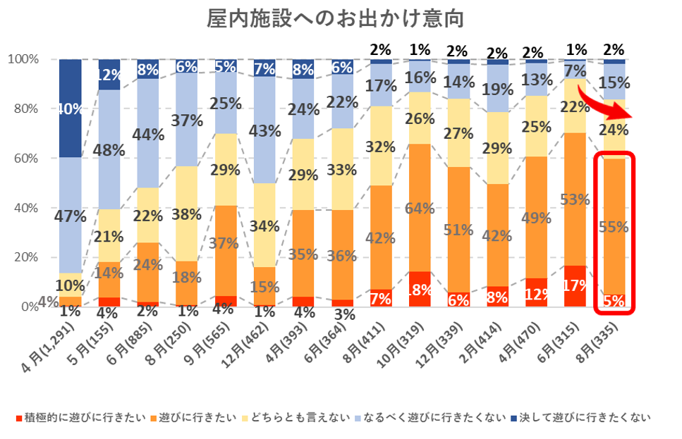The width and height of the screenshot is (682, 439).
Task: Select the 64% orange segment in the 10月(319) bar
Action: tap(420, 208)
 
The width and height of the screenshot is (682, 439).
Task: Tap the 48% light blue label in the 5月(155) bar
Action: tap(110, 149)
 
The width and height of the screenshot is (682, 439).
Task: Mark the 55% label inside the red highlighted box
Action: tap(613, 226)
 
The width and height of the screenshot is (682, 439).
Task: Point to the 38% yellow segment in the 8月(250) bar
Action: tap(187, 214)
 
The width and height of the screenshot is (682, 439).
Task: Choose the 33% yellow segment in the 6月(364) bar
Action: tap(342, 169)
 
